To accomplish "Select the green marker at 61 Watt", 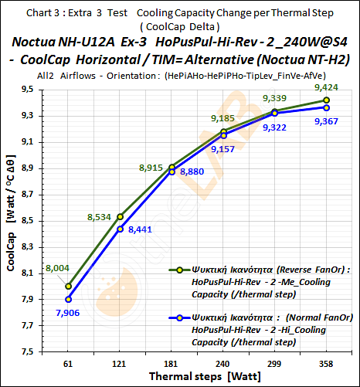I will pos(68,286).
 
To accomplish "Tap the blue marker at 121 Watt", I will pos(120,229).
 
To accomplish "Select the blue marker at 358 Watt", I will pos(327,107).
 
